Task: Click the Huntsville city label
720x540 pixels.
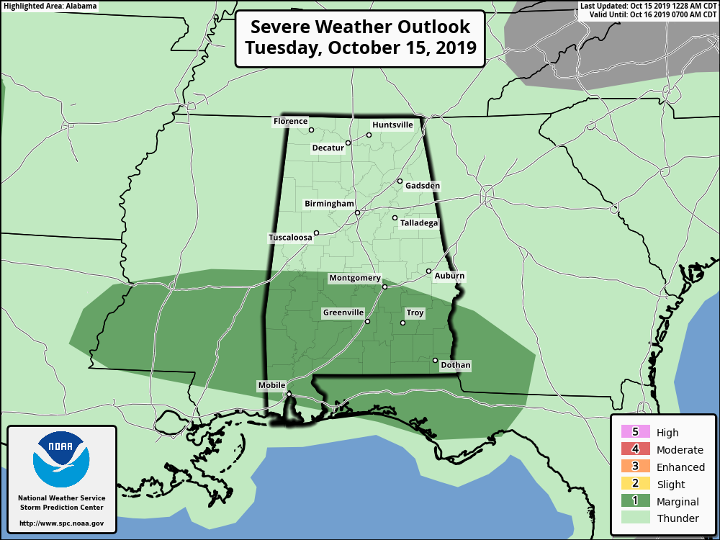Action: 392,125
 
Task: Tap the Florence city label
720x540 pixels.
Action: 290,122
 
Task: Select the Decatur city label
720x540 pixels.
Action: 328,148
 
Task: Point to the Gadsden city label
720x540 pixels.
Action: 422,186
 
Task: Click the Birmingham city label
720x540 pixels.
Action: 329,204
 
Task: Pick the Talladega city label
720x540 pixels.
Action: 419,223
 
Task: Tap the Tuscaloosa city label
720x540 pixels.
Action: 290,238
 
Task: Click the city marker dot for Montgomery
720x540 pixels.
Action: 384,287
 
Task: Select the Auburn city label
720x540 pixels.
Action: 449,276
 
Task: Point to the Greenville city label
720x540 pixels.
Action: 343,313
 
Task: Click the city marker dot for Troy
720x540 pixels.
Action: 403,323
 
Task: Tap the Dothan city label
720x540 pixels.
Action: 455,366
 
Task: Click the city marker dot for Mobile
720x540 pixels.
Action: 289,394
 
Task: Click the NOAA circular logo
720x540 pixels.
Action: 61,459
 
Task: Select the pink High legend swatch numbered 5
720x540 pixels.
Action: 635,433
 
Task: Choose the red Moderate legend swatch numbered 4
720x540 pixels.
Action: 635,450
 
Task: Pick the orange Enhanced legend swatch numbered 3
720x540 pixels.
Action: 635,467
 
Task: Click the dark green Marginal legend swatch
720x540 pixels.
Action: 635,502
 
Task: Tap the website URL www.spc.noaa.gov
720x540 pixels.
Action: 61,523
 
